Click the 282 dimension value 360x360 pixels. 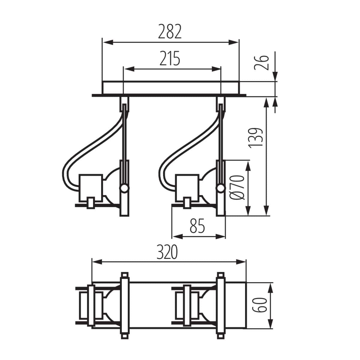pos(170,32)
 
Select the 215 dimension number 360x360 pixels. pos(170,58)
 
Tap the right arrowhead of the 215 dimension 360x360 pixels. pos(217,69)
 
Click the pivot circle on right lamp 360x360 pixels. pos(221,188)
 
